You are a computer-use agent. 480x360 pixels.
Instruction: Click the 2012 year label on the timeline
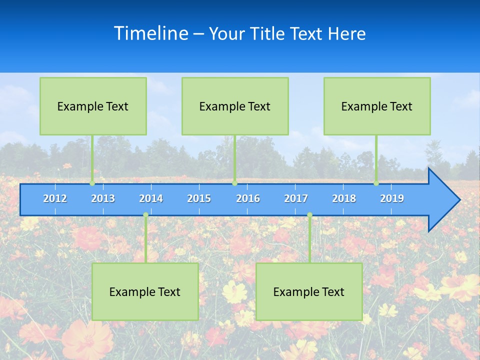pos(55,198)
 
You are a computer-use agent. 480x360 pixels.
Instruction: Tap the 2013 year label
pos(103,198)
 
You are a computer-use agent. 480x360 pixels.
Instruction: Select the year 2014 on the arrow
pos(151,198)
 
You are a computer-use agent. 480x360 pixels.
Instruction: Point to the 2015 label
pos(199,198)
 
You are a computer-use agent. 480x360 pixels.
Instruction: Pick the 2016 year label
pos(248,198)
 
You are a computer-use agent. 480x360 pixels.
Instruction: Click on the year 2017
pos(296,198)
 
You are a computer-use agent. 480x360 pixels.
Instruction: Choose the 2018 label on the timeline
pos(344,198)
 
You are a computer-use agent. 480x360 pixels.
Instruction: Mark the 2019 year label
pos(392,198)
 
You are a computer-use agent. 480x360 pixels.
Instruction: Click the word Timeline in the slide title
pos(150,33)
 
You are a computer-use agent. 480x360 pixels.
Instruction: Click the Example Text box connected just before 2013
pos(93,106)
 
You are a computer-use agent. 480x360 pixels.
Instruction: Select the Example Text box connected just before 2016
pos(235,106)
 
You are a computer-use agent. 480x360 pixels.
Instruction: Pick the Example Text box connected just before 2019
pos(377,106)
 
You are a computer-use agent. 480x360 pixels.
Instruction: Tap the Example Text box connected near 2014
pos(145,291)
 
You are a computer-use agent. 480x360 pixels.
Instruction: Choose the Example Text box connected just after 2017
pos(309,291)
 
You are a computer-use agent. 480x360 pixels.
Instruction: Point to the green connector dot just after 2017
pos(309,215)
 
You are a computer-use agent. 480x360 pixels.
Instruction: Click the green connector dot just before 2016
pos(234,183)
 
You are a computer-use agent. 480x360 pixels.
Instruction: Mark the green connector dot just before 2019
pos(376,183)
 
